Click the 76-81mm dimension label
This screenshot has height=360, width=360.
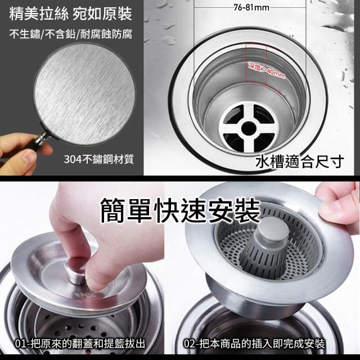(251, 8)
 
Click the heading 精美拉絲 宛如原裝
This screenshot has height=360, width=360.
(71, 13)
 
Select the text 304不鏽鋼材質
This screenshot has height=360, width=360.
(99, 159)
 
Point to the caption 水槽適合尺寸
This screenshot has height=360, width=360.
(300, 161)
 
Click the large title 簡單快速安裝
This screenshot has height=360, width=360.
(180, 211)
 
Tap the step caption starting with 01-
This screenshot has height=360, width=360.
(80, 344)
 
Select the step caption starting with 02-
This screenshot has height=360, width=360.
(254, 344)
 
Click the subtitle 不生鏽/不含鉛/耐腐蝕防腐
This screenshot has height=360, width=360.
(71, 34)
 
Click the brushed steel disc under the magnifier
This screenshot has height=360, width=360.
(84, 94)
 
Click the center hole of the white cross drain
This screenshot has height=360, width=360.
(249, 128)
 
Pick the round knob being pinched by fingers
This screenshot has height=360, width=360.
(75, 273)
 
